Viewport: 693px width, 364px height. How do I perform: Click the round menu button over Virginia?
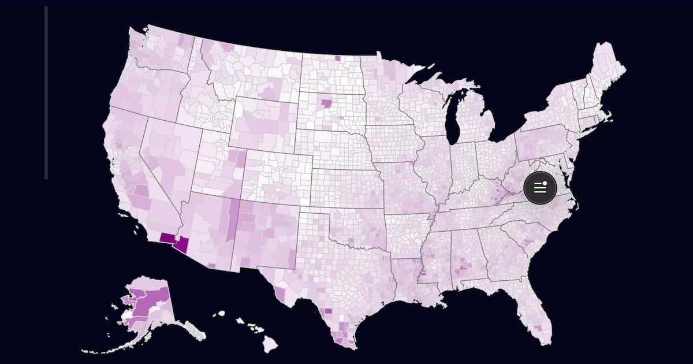click(540, 188)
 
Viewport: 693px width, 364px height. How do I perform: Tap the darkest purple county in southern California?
click(167, 237)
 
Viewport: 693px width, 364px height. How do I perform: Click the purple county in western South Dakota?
click(327, 103)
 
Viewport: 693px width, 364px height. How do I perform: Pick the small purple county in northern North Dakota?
click(337, 58)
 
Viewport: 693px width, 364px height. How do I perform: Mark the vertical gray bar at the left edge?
click(46, 92)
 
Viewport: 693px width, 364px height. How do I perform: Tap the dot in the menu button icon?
click(545, 183)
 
